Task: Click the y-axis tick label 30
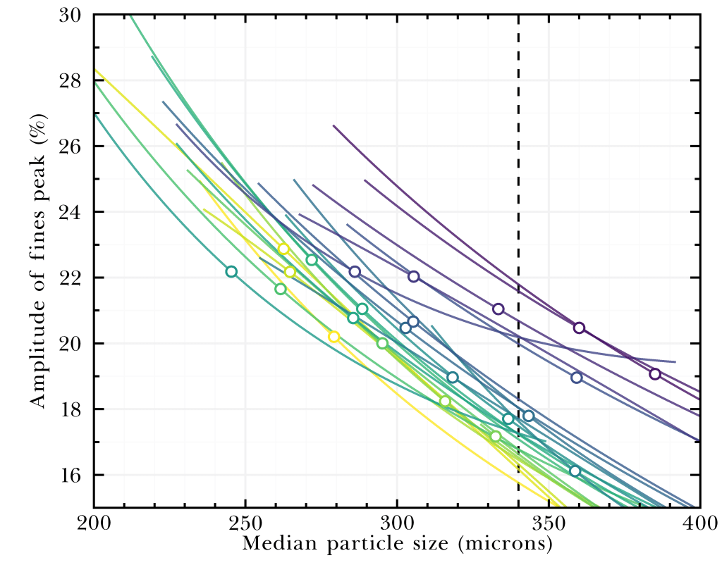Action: pos(71,15)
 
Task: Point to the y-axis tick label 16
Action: pos(71,475)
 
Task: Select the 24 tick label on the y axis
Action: pos(71,212)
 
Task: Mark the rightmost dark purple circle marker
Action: pos(655,374)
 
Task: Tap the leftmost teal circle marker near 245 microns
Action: pos(231,271)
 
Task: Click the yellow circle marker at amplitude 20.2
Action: pos(334,337)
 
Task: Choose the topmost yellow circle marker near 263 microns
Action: pos(283,249)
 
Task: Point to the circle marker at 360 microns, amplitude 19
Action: pos(577,378)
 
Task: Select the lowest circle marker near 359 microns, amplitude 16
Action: pos(575,471)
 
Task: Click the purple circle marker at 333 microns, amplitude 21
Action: pos(498,309)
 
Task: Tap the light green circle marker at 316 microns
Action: pos(445,402)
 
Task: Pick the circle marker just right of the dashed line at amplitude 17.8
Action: pos(529,416)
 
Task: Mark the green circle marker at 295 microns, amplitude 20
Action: pos(382,343)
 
